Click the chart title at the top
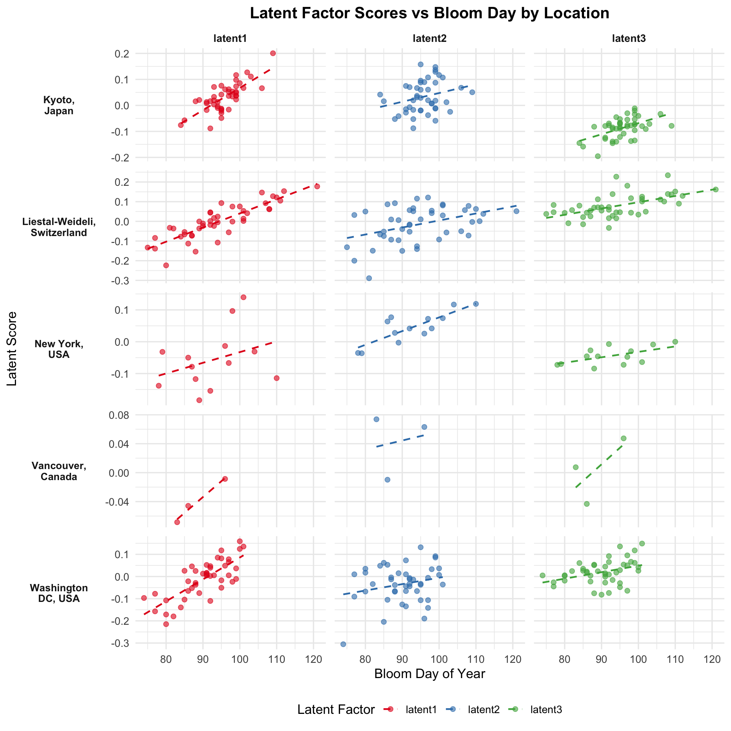point(429,14)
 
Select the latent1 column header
point(230,38)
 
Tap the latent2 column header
point(429,38)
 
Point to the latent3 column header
point(629,38)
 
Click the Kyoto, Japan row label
point(59,105)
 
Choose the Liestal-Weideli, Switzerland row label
point(59,227)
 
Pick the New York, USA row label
point(59,349)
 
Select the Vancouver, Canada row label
point(59,471)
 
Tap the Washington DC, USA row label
point(59,593)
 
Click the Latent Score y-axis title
point(12,348)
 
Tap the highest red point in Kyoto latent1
point(273,53)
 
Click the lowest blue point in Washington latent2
point(343,644)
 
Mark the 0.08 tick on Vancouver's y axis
point(121,415)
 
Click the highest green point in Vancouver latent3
point(623,438)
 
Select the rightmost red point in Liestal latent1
point(317,186)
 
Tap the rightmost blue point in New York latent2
point(476,304)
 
